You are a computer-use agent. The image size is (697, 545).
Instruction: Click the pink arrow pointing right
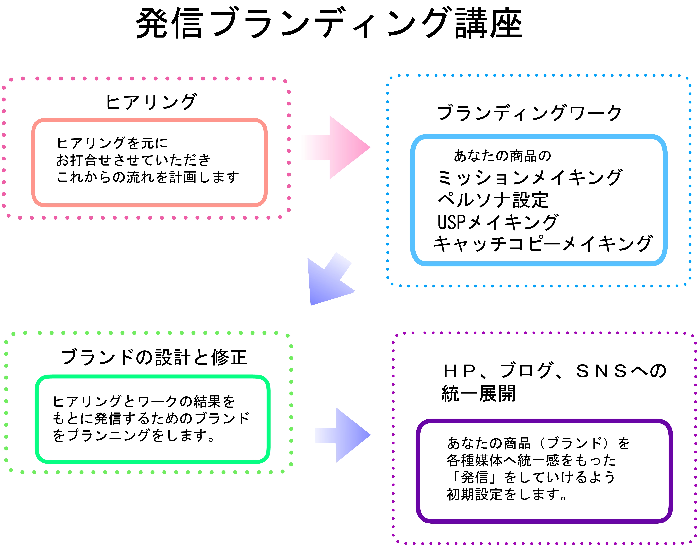tap(339, 147)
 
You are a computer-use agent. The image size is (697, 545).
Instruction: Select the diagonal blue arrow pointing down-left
tap(329, 281)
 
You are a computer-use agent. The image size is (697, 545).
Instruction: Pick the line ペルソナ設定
tap(493, 200)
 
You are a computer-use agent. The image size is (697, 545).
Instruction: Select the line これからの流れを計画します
tap(148, 177)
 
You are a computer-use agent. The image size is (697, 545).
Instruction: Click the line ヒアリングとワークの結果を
tap(144, 401)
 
